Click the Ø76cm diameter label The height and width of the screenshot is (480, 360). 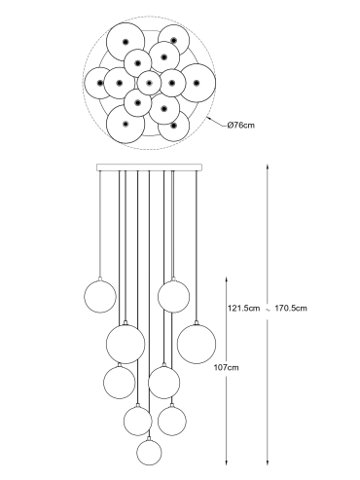pos(241,125)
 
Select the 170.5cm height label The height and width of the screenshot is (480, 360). pos(291,308)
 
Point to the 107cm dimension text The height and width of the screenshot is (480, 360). pos(226,367)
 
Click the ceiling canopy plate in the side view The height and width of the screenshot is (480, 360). pos(149,167)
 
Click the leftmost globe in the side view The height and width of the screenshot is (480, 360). pos(100,297)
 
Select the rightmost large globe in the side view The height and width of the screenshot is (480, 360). pos(197,344)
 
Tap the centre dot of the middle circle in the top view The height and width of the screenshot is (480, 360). pos(149,83)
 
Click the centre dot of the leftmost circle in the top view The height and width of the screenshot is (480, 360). pos(100,83)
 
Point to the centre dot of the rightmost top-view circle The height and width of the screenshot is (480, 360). pos(197,83)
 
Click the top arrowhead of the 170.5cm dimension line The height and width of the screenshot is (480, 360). pos(268,166)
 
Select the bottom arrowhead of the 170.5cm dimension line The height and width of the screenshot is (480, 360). pos(268,462)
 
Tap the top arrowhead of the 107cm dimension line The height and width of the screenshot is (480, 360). pos(227,279)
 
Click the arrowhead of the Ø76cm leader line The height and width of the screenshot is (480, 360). pos(208,119)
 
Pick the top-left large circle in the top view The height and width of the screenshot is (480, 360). pos(126,42)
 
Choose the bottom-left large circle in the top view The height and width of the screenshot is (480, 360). pos(126,124)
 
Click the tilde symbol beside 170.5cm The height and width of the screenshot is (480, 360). pos(268,310)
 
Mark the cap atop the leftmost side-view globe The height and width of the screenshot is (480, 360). pos(100,278)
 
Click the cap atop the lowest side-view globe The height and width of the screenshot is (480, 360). pos(149,438)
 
